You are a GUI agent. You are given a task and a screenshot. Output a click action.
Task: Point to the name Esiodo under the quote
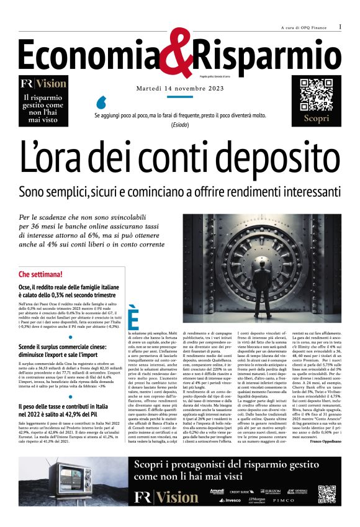[179, 125]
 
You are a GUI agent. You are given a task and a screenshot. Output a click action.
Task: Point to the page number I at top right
[340, 27]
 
